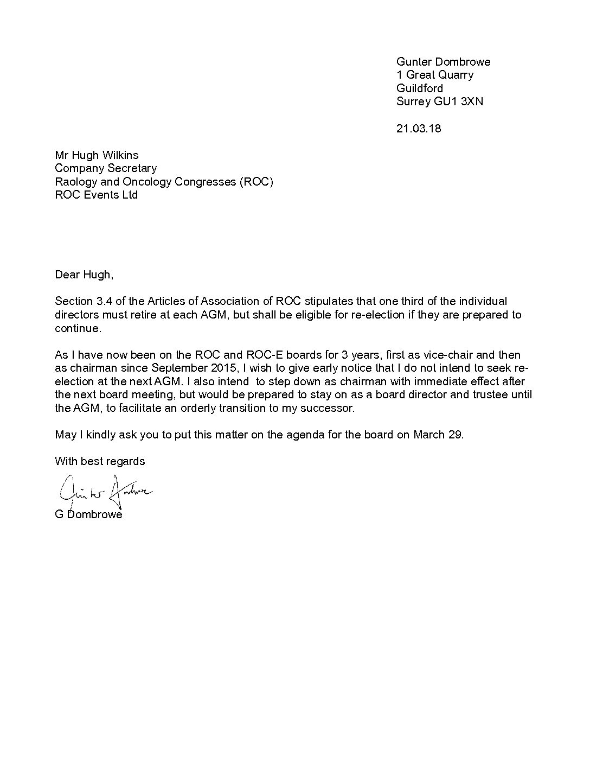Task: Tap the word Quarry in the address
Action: point(456,75)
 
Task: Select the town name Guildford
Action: point(420,88)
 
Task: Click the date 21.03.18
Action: point(419,129)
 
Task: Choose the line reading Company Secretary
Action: point(106,168)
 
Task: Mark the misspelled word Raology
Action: point(76,181)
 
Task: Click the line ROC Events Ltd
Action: point(96,194)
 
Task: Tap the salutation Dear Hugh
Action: point(84,275)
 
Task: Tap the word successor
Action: point(327,408)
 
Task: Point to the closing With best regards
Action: point(100,461)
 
